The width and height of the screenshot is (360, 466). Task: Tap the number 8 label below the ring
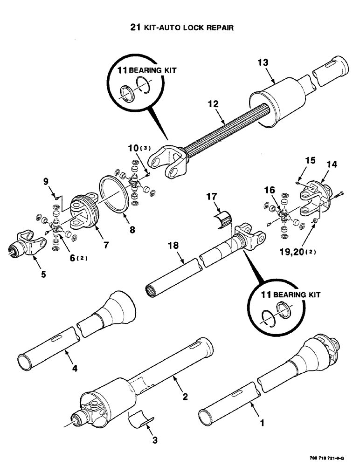point(133,230)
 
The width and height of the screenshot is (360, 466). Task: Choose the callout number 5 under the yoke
point(43,274)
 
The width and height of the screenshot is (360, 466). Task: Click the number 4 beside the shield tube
point(75,368)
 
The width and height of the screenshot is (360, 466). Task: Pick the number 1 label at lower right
point(262,424)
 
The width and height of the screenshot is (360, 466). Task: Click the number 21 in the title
point(135,27)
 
